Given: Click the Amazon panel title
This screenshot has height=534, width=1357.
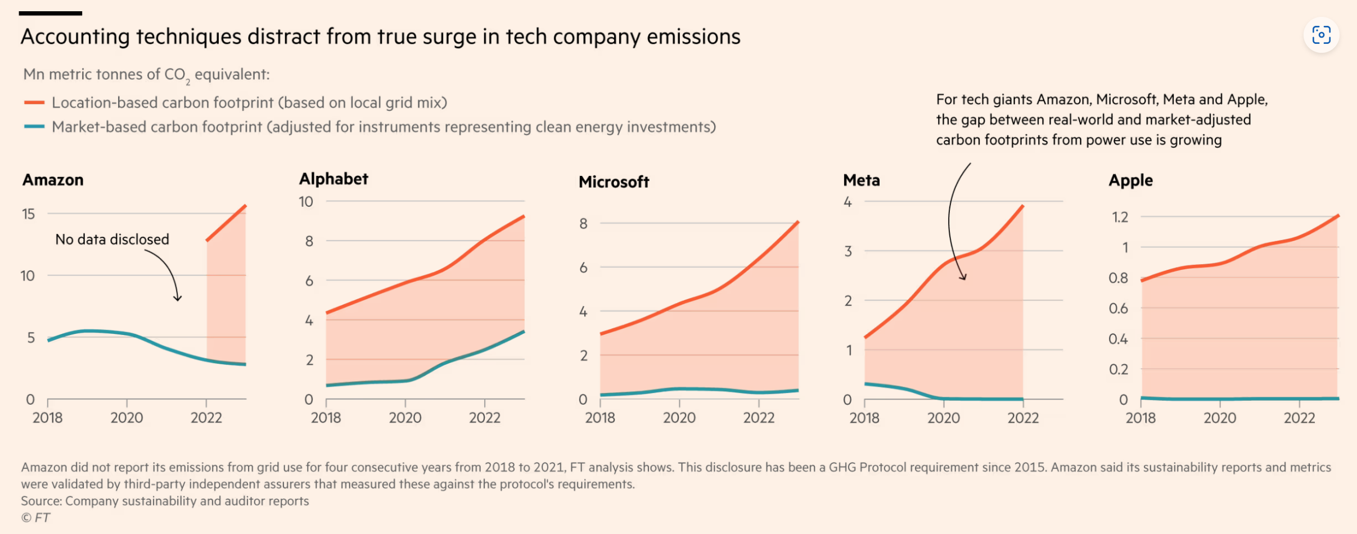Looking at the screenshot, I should point(53,180).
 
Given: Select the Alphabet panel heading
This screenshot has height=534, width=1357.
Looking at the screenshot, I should point(333,179).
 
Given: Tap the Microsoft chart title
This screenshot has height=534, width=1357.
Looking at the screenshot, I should point(614,182).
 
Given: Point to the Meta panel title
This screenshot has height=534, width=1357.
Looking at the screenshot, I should point(861,180).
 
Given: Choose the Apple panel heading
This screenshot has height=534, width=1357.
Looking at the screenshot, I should point(1130,180).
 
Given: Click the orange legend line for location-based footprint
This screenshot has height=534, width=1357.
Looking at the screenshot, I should point(34,103).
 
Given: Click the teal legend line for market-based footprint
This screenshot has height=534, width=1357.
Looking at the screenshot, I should point(34,127).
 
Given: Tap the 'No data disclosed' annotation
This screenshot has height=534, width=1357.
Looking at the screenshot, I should point(112,239).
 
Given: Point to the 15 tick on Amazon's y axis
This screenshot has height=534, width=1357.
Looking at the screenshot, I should point(28,214).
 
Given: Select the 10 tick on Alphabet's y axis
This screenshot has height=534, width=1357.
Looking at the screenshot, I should point(305,202).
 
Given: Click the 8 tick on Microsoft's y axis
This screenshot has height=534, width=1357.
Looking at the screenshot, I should point(583,224).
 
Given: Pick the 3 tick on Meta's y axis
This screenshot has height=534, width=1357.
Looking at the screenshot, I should point(848,251).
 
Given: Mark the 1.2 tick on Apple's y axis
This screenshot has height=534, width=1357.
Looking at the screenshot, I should point(1120,217).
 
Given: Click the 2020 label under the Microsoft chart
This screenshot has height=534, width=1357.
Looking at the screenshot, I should point(679,418).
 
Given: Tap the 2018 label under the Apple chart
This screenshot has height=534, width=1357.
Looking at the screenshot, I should point(1140,418).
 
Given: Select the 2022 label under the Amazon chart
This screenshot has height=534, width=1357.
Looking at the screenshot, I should point(206,418).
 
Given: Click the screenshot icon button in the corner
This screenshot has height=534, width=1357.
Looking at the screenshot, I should point(1321,35).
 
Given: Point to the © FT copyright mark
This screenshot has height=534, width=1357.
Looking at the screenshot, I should point(35,518).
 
